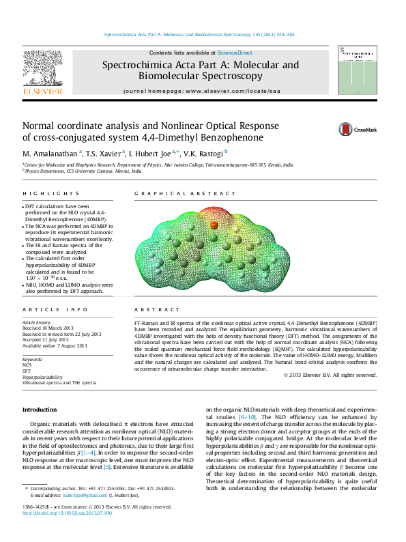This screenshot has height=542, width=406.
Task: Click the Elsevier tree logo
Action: click(x=43, y=70)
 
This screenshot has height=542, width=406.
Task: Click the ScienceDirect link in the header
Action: click(x=235, y=53)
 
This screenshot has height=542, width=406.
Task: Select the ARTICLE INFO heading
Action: click(x=47, y=310)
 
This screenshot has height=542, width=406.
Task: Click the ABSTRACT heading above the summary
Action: click(x=151, y=310)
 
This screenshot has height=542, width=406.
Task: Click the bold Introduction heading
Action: click(x=40, y=409)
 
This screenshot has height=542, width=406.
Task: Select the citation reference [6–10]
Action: click(x=247, y=416)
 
